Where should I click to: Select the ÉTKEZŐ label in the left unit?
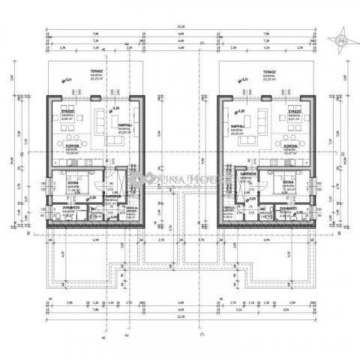[x=67, y=109]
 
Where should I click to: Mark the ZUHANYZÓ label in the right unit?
[x=298, y=211]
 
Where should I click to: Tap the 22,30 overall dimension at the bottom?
[x=180, y=316]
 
